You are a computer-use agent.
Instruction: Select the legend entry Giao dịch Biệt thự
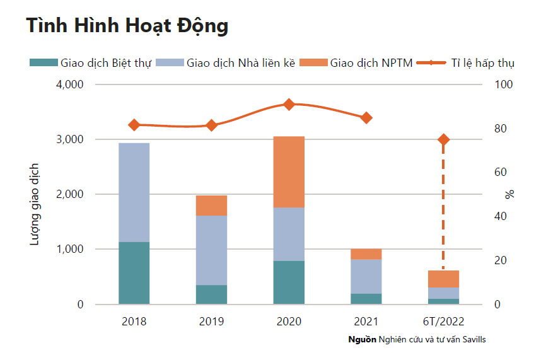[x=91, y=62]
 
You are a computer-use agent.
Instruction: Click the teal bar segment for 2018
[x=134, y=273]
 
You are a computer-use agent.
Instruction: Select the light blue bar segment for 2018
[x=134, y=192]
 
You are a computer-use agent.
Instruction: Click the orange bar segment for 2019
[x=211, y=206]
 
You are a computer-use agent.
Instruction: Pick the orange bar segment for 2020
[x=289, y=171]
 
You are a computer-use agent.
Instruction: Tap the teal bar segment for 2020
[x=289, y=282]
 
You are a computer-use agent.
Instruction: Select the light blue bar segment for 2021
[x=366, y=276]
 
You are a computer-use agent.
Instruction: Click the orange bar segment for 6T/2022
[x=444, y=279]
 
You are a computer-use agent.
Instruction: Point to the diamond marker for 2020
[x=289, y=104]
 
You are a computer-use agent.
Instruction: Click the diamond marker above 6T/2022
[x=444, y=139]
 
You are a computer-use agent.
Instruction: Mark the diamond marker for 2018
[x=134, y=125]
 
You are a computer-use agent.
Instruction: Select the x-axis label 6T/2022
[x=444, y=321]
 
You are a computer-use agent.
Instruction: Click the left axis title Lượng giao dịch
[x=36, y=204]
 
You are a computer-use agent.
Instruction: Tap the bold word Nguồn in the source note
[x=363, y=339]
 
